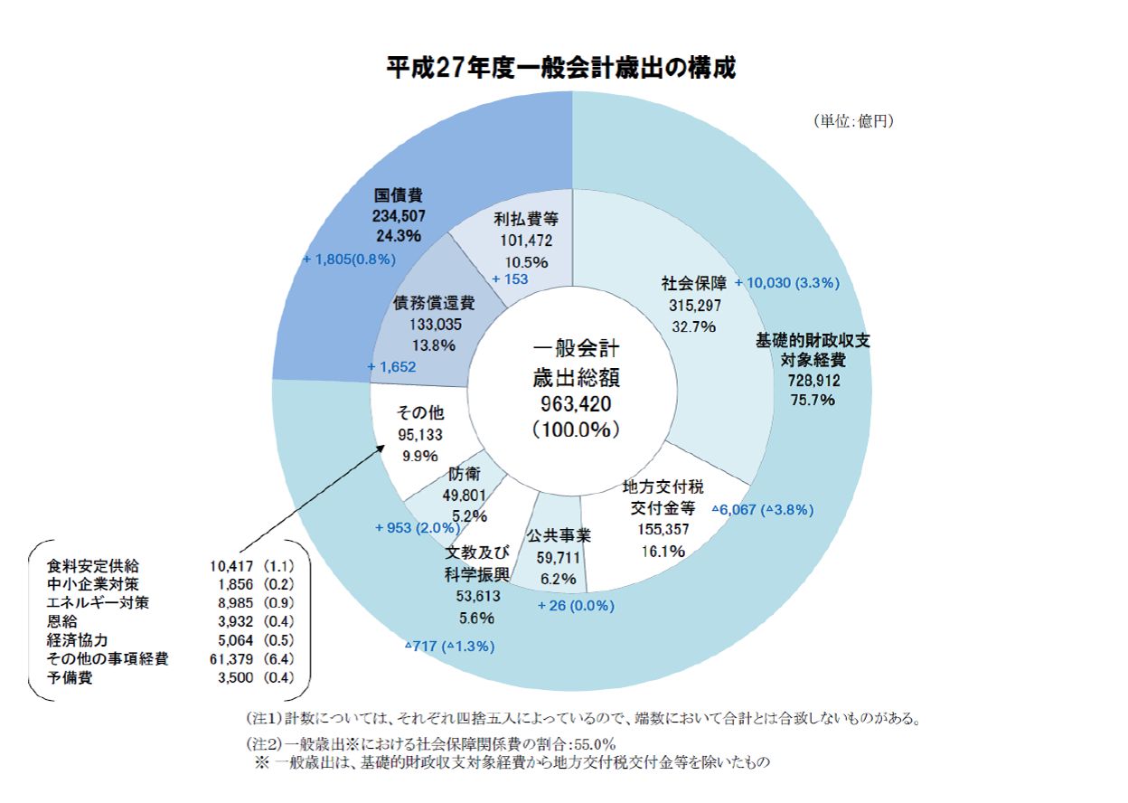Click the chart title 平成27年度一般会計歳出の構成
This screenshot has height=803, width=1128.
[560, 69]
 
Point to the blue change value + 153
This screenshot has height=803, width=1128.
[510, 279]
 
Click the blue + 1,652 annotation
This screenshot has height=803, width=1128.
[391, 366]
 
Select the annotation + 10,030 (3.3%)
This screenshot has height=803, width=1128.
[787, 283]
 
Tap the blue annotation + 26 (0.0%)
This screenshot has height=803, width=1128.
[576, 605]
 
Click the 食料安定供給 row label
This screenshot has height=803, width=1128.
[93, 566]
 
